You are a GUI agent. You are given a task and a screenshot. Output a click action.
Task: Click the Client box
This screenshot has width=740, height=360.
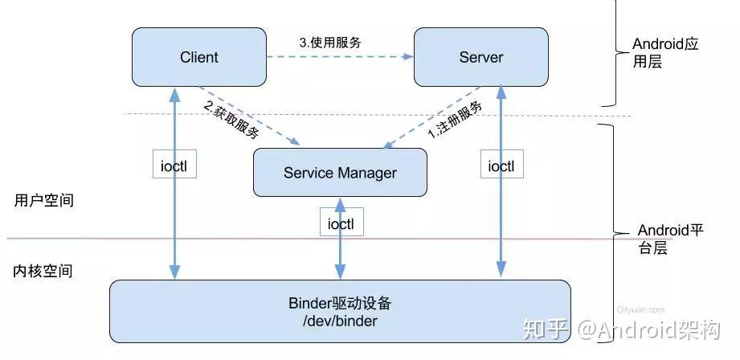click(198, 57)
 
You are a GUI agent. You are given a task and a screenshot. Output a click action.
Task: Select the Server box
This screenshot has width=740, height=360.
click(480, 57)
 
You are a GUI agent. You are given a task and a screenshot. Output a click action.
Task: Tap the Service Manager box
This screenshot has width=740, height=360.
click(340, 173)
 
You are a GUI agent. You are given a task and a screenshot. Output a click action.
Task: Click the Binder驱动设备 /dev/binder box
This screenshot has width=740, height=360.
click(340, 312)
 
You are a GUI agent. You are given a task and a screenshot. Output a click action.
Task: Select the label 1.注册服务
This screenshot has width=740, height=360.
click(455, 121)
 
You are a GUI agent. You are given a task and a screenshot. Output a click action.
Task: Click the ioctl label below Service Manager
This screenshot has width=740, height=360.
click(341, 223)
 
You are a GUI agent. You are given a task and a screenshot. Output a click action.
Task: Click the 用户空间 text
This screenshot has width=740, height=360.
click(43, 201)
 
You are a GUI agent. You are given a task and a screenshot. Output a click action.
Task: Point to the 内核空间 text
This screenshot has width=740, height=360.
click(43, 271)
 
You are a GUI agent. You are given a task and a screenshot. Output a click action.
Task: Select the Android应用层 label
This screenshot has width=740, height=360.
click(665, 52)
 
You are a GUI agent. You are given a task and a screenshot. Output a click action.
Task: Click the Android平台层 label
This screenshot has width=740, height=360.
click(670, 239)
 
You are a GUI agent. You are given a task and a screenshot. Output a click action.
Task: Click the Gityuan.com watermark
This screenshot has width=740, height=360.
click(640, 309)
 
